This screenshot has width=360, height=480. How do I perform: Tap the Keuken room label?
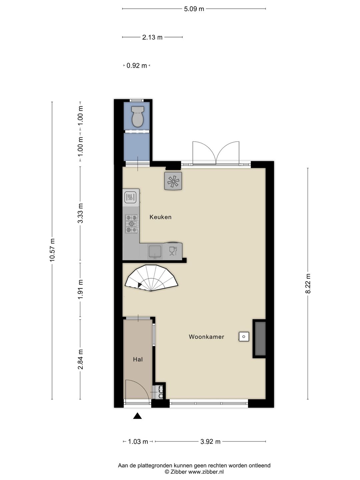pos(160,217)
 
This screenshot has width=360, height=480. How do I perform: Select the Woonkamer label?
pos(206,337)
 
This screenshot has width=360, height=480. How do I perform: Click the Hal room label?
pos(138,359)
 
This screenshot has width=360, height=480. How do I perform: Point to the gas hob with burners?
pos(132,224)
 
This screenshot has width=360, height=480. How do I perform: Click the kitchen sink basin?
pos(155,251)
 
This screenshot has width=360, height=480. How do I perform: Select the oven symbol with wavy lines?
pos(130,198)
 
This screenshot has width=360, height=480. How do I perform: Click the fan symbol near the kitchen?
pos(173,181)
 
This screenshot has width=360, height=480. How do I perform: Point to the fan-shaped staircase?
pos(151,278)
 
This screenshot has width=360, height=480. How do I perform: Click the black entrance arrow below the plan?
pos(137,416)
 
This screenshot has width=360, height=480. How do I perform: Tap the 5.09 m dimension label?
pos(194,9)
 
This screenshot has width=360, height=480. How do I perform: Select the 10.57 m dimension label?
pos(52,250)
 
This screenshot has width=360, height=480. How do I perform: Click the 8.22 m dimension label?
pos(308,283)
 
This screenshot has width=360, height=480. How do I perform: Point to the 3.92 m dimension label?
pos(210,442)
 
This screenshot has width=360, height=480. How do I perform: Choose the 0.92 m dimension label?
pos(137,66)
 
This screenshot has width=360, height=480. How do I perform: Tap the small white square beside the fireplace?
pos(244,337)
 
